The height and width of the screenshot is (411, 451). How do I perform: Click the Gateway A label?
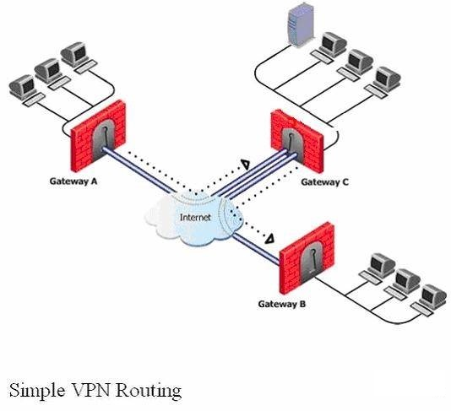pos(73,181)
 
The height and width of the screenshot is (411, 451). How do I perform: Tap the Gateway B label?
pos(282,304)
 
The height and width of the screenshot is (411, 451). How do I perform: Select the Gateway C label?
pos(324,182)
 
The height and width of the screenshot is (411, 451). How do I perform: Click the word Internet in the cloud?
pos(195,217)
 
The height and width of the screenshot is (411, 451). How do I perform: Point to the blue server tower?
pos(300,24)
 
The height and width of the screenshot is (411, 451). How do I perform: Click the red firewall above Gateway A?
pos(99,136)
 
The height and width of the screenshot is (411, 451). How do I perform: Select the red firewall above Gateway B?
pos(307,258)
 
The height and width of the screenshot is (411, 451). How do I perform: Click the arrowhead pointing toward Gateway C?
pos(246,164)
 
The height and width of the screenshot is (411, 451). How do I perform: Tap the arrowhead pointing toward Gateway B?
pos(269,239)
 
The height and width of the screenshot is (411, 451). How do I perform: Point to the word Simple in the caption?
pos(37,391)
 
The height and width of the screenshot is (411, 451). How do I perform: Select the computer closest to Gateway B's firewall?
pos(378,268)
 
